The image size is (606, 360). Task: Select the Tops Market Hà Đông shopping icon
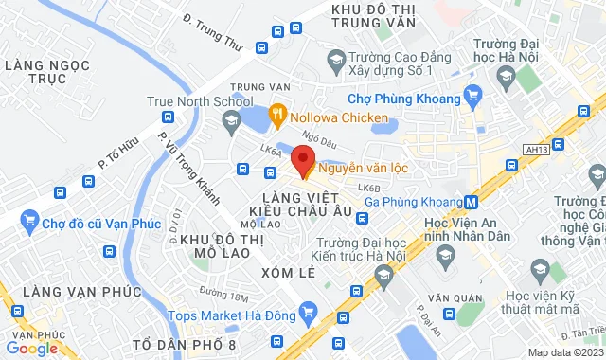(306, 311)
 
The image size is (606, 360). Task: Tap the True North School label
(200, 99)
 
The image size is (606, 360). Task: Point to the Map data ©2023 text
(564, 352)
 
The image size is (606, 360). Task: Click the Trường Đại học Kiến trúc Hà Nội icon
(383, 276)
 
